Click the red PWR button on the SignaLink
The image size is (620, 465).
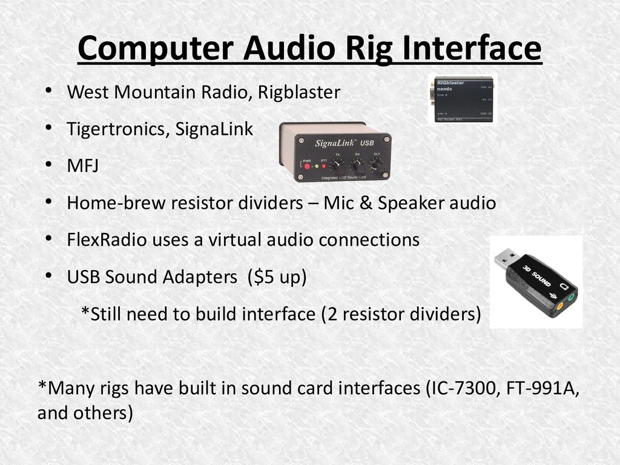pos(307,166)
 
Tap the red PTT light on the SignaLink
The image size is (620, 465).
pos(325,166)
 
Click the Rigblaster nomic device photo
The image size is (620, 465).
pos(462,98)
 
